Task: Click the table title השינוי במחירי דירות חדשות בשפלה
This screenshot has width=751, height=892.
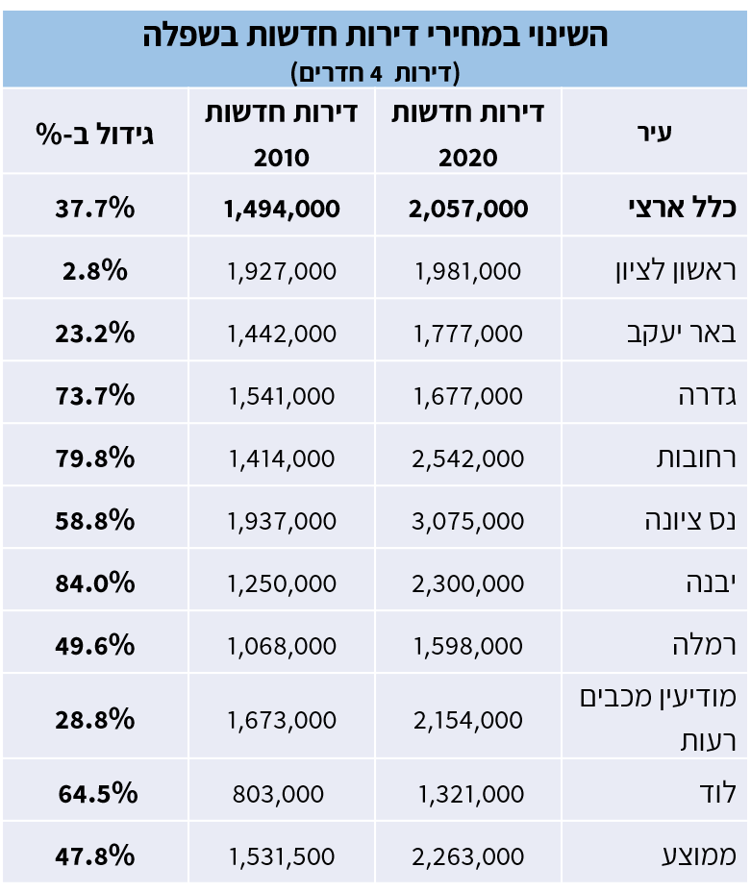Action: (375, 36)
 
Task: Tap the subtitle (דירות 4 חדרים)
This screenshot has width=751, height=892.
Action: (375, 72)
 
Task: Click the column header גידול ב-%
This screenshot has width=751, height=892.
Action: (95, 133)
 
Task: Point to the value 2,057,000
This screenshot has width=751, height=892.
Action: (468, 208)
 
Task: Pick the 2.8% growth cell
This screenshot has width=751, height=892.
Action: (95, 270)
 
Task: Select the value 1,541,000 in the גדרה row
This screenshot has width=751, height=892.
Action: (282, 395)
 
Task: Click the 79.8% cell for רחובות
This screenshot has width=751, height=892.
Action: (95, 458)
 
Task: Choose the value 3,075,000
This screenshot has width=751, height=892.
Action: (468, 520)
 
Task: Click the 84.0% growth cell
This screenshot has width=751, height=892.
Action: (95, 582)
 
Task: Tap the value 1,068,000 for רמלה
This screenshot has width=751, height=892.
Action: (282, 645)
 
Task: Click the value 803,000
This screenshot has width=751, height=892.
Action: (282, 793)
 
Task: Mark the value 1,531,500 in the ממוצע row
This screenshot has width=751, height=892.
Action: (282, 855)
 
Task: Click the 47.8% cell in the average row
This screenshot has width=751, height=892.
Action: (95, 855)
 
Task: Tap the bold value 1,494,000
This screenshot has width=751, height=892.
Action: (282, 208)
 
